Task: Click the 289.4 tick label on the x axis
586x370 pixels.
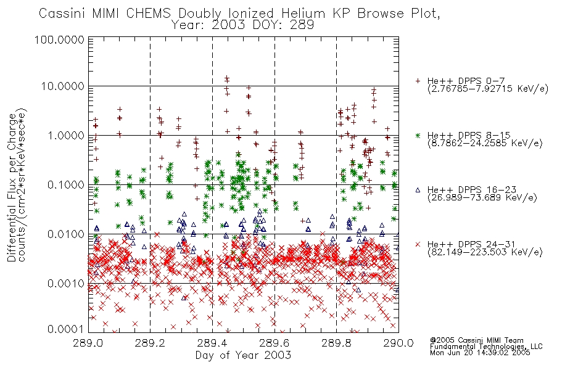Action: click(212, 343)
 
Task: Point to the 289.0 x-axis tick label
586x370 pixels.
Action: click(88, 343)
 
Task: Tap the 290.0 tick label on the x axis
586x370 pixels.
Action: click(398, 343)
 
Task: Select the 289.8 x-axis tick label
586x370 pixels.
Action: click(336, 343)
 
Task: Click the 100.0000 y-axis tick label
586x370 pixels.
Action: click(59, 39)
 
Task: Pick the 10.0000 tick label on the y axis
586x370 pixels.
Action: click(62, 86)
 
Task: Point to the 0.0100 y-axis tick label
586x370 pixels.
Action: click(65, 234)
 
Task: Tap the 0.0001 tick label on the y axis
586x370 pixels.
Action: click(65, 329)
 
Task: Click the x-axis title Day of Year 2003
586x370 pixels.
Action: click(243, 355)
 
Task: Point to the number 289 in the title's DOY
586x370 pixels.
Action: click(302, 25)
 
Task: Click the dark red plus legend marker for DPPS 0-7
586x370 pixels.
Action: click(418, 81)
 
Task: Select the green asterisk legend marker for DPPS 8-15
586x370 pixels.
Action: click(418, 135)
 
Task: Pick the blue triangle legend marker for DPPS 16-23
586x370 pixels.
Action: click(418, 190)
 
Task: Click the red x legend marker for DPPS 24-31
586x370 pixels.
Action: click(418, 244)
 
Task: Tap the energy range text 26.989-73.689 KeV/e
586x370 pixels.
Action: click(482, 197)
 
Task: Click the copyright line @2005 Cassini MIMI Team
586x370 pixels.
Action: click(476, 340)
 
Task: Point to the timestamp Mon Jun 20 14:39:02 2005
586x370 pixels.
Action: click(480, 353)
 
